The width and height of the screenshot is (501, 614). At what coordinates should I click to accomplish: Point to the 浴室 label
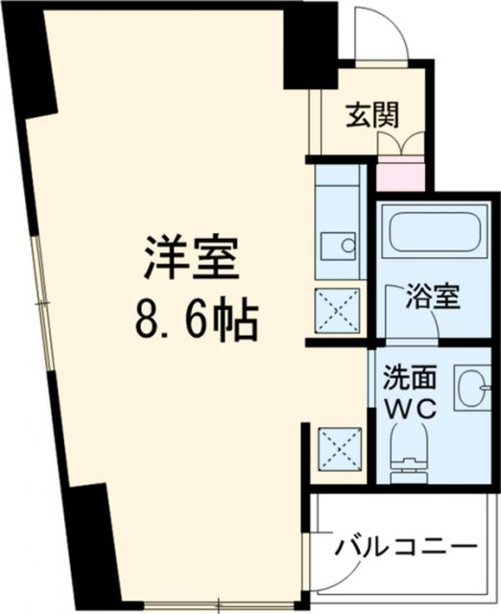pos(434,295)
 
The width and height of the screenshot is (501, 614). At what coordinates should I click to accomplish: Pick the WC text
pos(410,408)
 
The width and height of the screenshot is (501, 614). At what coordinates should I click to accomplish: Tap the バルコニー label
pos(406,549)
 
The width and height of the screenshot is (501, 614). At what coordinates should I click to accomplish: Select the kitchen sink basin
pos(339,246)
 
